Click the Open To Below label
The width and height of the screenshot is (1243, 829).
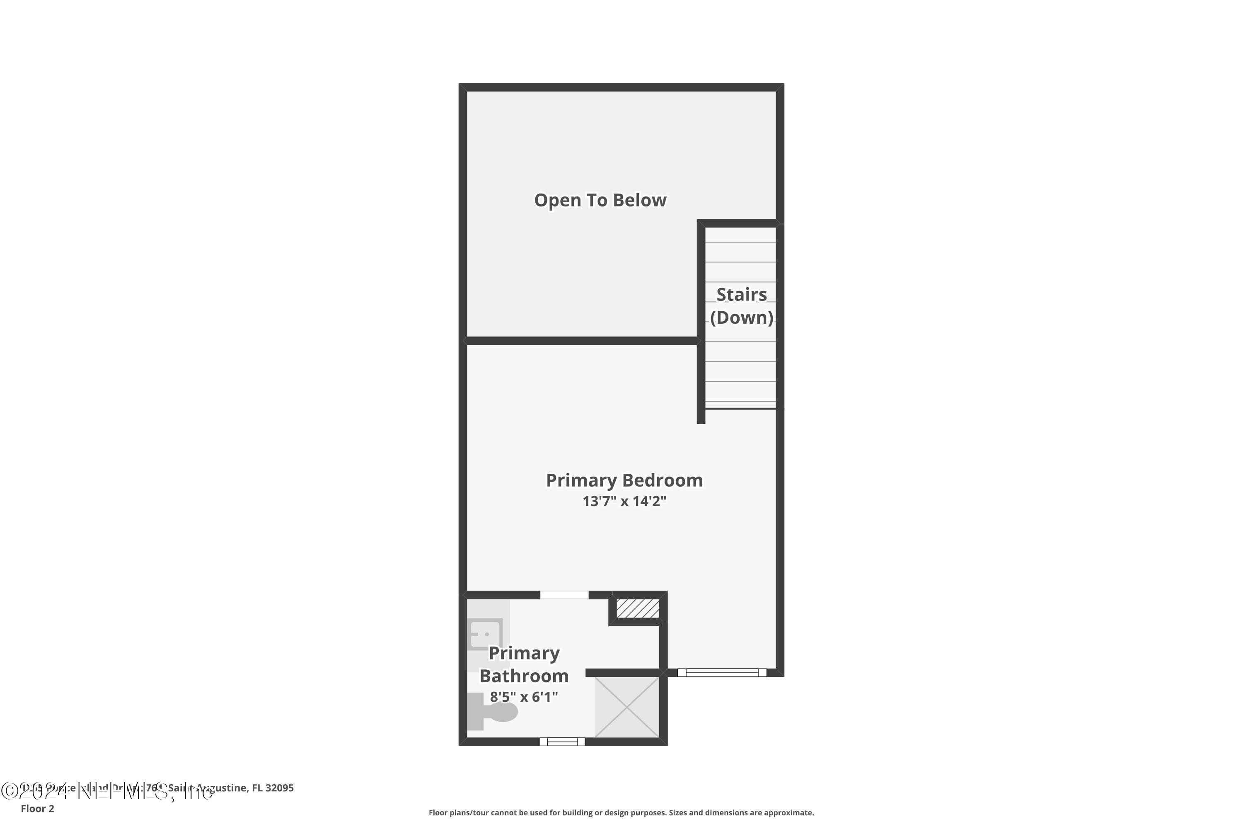point(600,200)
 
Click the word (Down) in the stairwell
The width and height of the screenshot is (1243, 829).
point(742,318)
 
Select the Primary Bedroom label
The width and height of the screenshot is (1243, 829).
point(624,480)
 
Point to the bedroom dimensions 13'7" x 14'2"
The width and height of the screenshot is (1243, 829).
point(624,501)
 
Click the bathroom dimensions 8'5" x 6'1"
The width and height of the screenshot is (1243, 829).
point(524,697)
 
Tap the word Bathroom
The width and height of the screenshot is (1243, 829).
point(524,676)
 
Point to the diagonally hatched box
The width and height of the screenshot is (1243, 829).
point(638,608)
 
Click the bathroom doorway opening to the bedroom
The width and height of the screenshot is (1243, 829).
point(564,595)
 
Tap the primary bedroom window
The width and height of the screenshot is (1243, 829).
point(722,672)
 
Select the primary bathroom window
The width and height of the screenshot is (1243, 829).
point(562,742)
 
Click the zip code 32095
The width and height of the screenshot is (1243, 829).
point(280,788)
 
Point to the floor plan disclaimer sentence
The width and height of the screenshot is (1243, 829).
point(621,812)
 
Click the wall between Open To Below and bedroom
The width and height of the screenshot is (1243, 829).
point(581,340)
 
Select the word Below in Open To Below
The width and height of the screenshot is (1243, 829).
point(640,200)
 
